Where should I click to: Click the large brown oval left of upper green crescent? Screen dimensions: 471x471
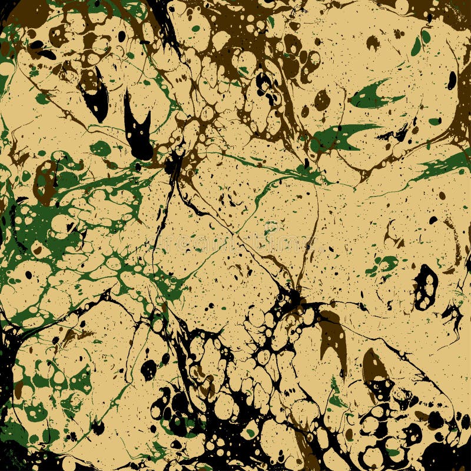click(322, 100)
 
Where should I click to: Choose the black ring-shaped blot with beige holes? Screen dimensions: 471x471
click(425, 287)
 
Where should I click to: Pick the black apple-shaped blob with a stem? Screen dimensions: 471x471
click(148, 369)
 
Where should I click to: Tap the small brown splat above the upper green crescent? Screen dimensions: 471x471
click(373, 42)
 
